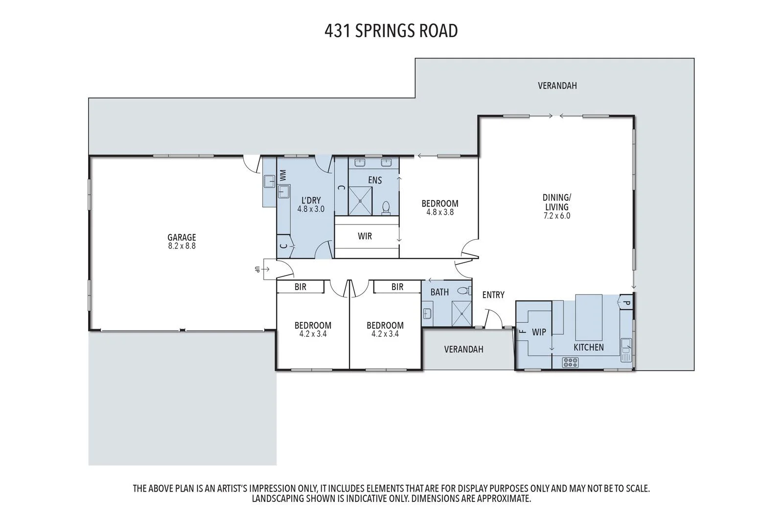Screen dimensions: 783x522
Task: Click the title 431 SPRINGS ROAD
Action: point(391,31)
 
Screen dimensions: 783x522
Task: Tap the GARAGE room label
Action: point(182,238)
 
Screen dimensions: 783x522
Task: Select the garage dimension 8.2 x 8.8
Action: point(182,246)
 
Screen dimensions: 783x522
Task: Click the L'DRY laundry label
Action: point(311,200)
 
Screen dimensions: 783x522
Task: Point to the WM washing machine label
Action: point(283,175)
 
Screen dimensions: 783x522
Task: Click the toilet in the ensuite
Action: point(386,207)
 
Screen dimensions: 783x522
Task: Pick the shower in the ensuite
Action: point(360,201)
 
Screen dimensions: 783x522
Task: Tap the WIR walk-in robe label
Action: point(365,236)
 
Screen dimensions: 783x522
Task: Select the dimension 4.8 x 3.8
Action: point(440,212)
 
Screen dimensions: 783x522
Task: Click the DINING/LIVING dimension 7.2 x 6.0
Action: point(557,216)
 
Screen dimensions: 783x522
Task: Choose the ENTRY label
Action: point(493,295)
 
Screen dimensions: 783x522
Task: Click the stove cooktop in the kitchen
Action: point(570,363)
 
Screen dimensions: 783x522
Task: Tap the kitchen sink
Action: point(626,350)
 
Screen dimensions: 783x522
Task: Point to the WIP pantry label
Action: point(539,332)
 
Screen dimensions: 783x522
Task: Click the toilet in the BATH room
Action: point(464,291)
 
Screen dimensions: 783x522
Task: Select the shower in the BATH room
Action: point(461,314)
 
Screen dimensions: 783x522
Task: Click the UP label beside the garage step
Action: point(257,269)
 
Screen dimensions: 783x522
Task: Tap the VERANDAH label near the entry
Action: point(463,349)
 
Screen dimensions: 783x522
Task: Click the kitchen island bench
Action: point(589,317)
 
